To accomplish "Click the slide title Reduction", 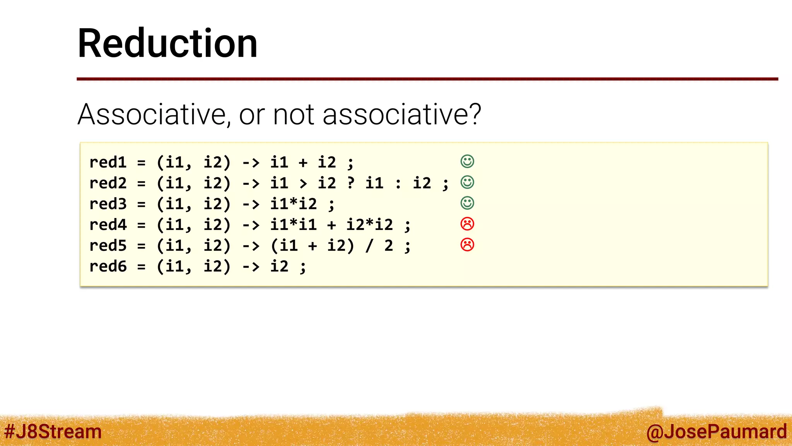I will click(x=167, y=43).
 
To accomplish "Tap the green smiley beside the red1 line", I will click(x=467, y=161).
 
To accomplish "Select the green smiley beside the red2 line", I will click(x=467, y=182).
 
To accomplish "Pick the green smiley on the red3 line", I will click(x=467, y=203).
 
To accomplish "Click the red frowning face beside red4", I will click(x=467, y=224).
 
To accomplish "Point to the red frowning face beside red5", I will click(x=467, y=245).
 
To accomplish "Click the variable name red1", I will click(x=108, y=163).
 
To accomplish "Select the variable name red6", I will click(x=108, y=266).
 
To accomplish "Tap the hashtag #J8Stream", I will click(x=53, y=431).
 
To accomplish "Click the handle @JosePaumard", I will click(x=716, y=431).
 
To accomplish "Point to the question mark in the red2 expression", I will click(x=351, y=183).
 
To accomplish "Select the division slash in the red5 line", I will click(x=370, y=245).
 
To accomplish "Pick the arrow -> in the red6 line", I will click(x=251, y=267).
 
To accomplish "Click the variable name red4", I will click(x=108, y=225).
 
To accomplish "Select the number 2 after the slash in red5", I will click(x=389, y=245).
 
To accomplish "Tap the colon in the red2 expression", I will click(x=398, y=184).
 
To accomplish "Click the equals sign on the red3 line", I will click(x=142, y=204).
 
